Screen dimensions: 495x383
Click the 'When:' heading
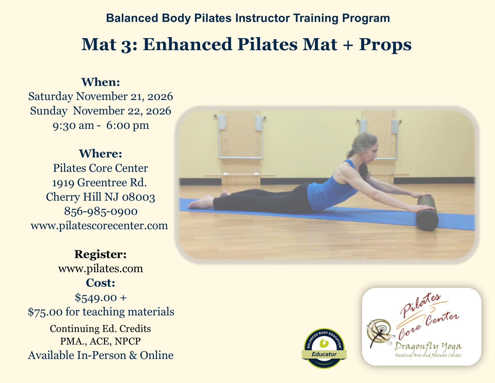pyautogui.click(x=101, y=82)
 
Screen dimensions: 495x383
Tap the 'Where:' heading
pyautogui.click(x=100, y=154)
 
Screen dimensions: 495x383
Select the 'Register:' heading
pyautogui.click(x=100, y=254)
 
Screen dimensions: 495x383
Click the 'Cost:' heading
pyautogui.click(x=100, y=283)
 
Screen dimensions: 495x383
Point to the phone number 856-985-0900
pyautogui.click(x=101, y=211)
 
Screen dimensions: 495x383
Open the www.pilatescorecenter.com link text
pyautogui.click(x=99, y=226)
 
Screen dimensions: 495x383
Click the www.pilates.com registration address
pyautogui.click(x=100, y=269)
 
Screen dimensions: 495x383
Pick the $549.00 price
pyautogui.click(x=96, y=297)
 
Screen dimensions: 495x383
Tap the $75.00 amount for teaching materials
pyautogui.click(x=45, y=312)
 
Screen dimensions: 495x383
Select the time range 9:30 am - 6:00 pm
pyautogui.click(x=101, y=125)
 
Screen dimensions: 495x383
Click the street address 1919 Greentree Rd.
pyautogui.click(x=100, y=183)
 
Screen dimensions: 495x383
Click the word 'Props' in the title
pyautogui.click(x=385, y=44)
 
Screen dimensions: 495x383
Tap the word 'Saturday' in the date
pyautogui.click(x=51, y=96)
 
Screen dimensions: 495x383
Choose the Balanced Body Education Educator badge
pyautogui.click(x=324, y=348)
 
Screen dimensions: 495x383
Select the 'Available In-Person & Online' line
pyautogui.click(x=100, y=355)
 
